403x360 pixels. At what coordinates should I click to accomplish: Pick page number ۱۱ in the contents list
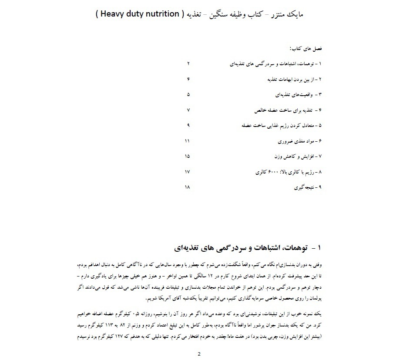(188, 141)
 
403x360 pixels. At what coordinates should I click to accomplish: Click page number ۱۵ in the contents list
(188, 156)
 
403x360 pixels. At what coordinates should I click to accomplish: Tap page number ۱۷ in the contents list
(188, 172)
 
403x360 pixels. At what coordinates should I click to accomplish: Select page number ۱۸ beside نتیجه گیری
(188, 187)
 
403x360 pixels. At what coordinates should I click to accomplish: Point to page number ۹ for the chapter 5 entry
(188, 125)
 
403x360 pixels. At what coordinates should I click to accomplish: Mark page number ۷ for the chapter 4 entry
(188, 110)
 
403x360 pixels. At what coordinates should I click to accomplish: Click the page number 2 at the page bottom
(199, 353)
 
